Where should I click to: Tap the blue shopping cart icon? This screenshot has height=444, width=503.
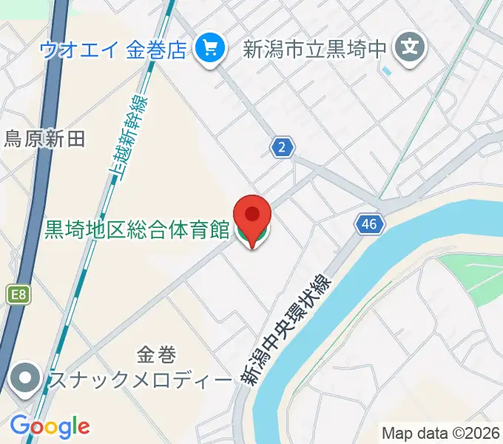(210, 50)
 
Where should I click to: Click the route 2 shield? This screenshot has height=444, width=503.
(281, 148)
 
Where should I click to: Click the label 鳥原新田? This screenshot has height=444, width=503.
(46, 138)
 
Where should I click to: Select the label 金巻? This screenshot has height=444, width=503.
(156, 356)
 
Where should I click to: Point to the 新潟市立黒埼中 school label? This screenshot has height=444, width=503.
(315, 50)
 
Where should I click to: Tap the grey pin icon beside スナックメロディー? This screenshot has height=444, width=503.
(27, 379)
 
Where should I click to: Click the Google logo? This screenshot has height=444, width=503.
(50, 426)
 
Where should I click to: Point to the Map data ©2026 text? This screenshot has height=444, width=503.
(441, 432)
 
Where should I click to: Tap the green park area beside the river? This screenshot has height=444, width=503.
(473, 277)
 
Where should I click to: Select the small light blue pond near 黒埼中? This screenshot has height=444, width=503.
(387, 72)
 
